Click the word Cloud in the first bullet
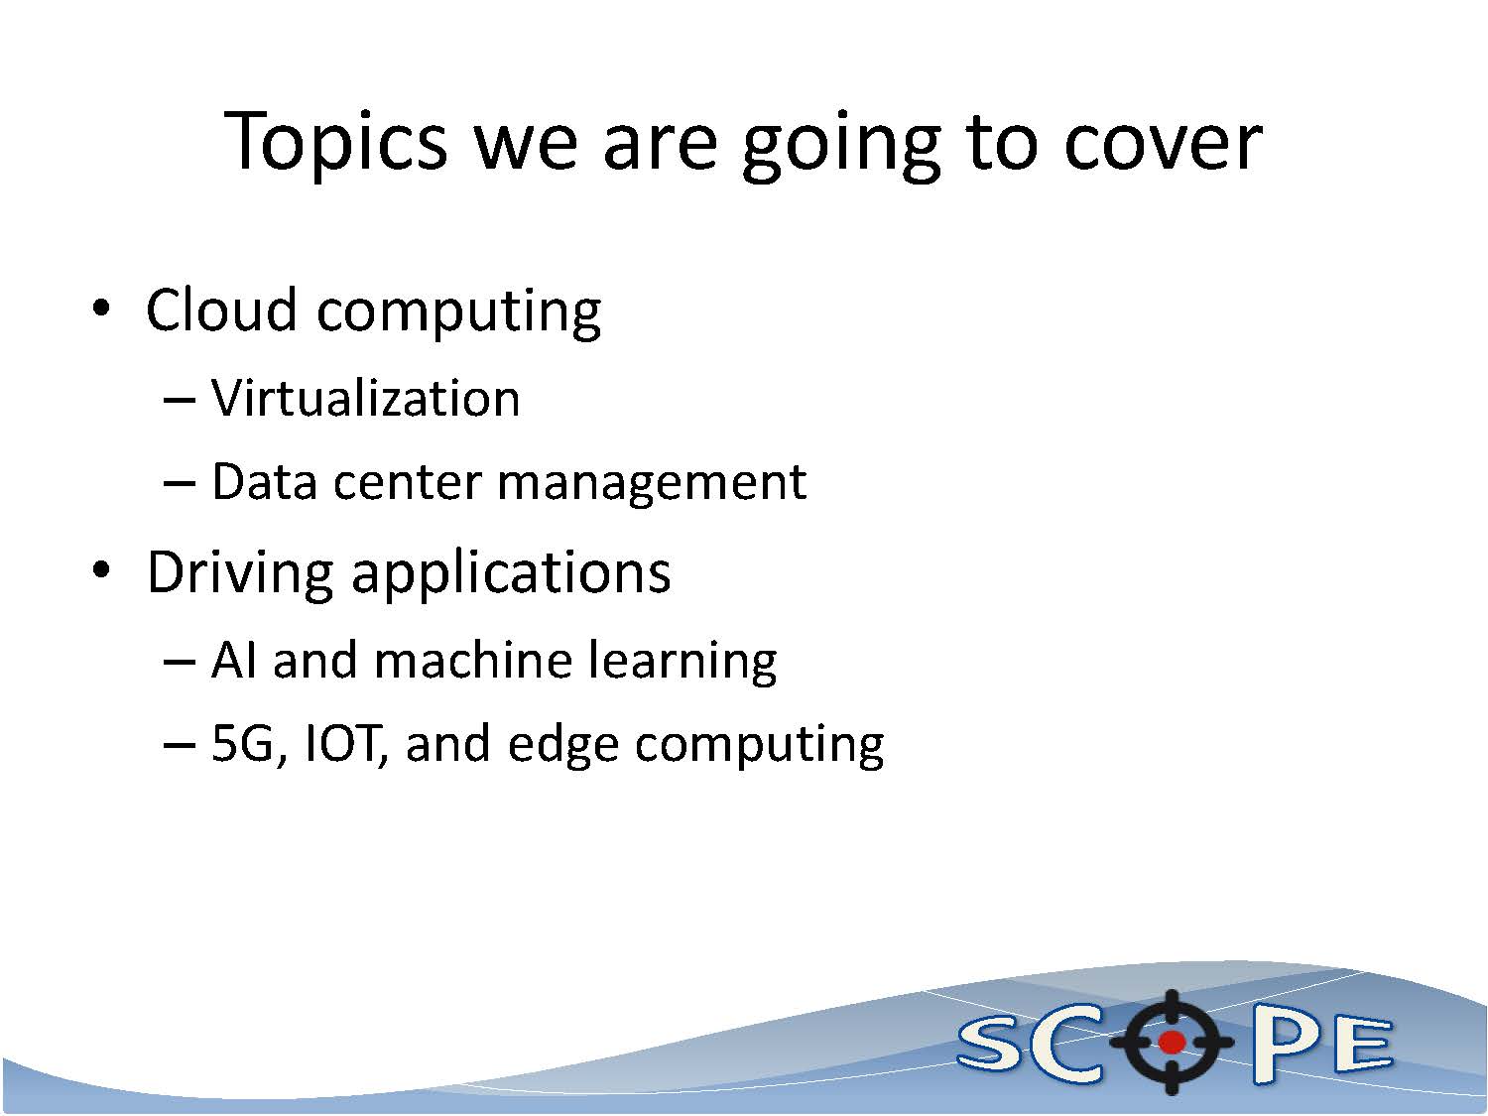click(x=221, y=310)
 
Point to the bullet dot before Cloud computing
click(x=101, y=309)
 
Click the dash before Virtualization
click(x=180, y=401)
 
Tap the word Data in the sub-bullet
click(x=265, y=482)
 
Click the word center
click(x=407, y=483)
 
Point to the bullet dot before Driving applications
click(x=101, y=569)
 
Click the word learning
click(x=682, y=664)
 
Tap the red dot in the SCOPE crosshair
click(x=1172, y=1042)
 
